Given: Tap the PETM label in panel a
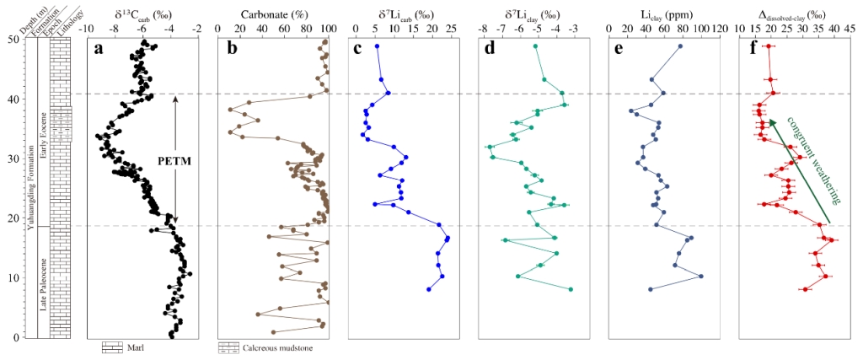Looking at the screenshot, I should [176, 159].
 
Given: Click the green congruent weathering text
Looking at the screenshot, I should [814, 159].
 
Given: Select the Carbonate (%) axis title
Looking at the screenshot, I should [271, 13].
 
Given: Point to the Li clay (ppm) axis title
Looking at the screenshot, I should [662, 13].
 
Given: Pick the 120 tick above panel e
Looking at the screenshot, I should [719, 28].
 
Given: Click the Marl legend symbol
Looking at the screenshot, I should [113, 347].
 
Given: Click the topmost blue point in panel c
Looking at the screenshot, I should [377, 46].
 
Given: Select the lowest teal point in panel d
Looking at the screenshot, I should [571, 289].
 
